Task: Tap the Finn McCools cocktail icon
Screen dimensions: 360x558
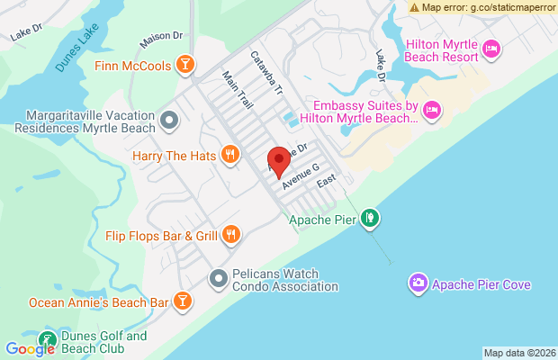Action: pyautogui.click(x=184, y=64)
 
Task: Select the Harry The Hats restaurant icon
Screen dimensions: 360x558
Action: pyautogui.click(x=230, y=155)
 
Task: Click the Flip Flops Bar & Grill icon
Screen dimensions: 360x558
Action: pyautogui.click(x=231, y=236)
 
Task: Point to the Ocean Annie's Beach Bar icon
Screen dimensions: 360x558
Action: pyautogui.click(x=183, y=301)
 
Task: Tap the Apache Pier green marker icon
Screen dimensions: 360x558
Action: pyautogui.click(x=370, y=219)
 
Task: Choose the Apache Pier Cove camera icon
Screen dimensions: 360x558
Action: pyautogui.click(x=418, y=284)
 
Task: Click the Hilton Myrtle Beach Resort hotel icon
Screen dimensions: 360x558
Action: pyautogui.click(x=490, y=48)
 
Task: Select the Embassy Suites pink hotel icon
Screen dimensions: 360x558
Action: pyautogui.click(x=431, y=109)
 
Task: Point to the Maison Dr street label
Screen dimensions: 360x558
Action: pyautogui.click(x=162, y=40)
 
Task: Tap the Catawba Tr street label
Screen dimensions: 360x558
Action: pyautogui.click(x=267, y=72)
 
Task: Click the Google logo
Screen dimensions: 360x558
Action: pyautogui.click(x=30, y=349)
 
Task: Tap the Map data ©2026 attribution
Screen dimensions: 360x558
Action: pyautogui.click(x=518, y=352)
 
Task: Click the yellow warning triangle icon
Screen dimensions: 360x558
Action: pyautogui.click(x=413, y=7)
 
